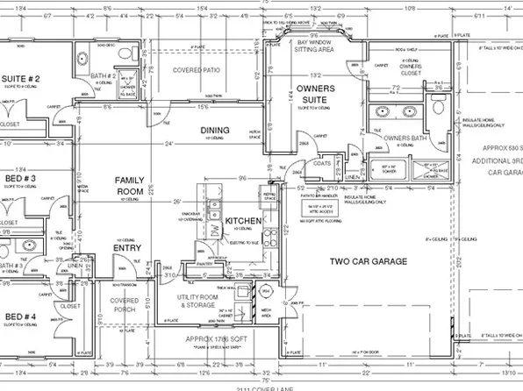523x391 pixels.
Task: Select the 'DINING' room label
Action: [x=214, y=132]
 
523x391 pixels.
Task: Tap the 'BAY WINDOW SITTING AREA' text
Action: [x=316, y=45]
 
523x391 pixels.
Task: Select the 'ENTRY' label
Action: [x=128, y=247]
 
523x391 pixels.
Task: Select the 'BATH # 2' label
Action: [x=104, y=76]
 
